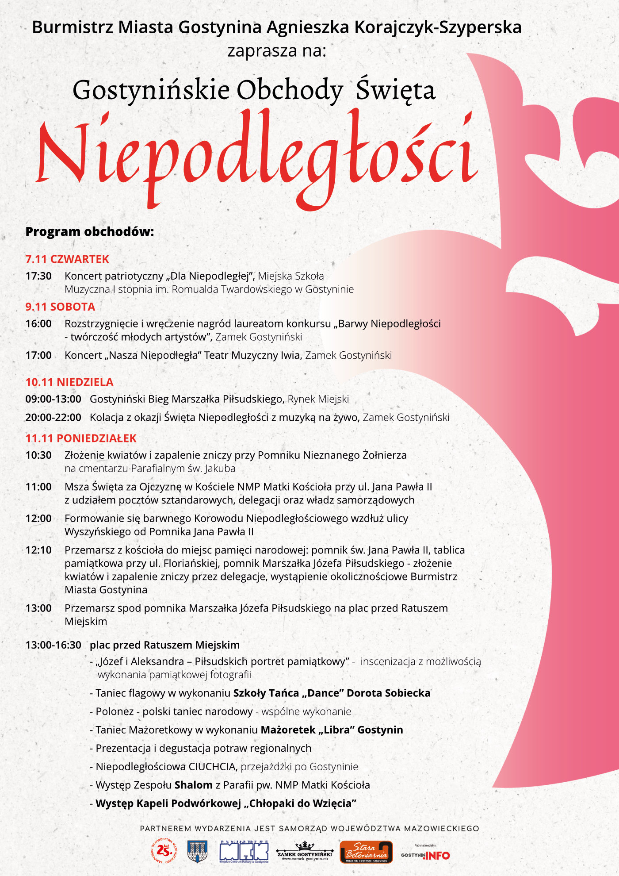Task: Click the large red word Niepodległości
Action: (256, 155)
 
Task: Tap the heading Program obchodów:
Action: (89, 232)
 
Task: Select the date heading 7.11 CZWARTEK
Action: (67, 259)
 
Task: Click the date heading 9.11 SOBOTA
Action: (60, 307)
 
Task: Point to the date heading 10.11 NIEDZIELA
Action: (69, 382)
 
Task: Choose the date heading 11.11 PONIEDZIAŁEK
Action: (81, 438)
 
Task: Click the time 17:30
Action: (38, 276)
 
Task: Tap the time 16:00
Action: (38, 324)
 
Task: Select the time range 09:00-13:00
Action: (53, 399)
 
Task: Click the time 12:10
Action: (38, 550)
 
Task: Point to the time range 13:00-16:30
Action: (53, 645)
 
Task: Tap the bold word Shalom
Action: (194, 785)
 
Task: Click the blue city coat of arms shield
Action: (198, 851)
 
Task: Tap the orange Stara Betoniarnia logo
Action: (366, 852)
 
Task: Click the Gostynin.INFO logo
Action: (425, 855)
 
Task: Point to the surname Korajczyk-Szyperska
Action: (438, 27)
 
